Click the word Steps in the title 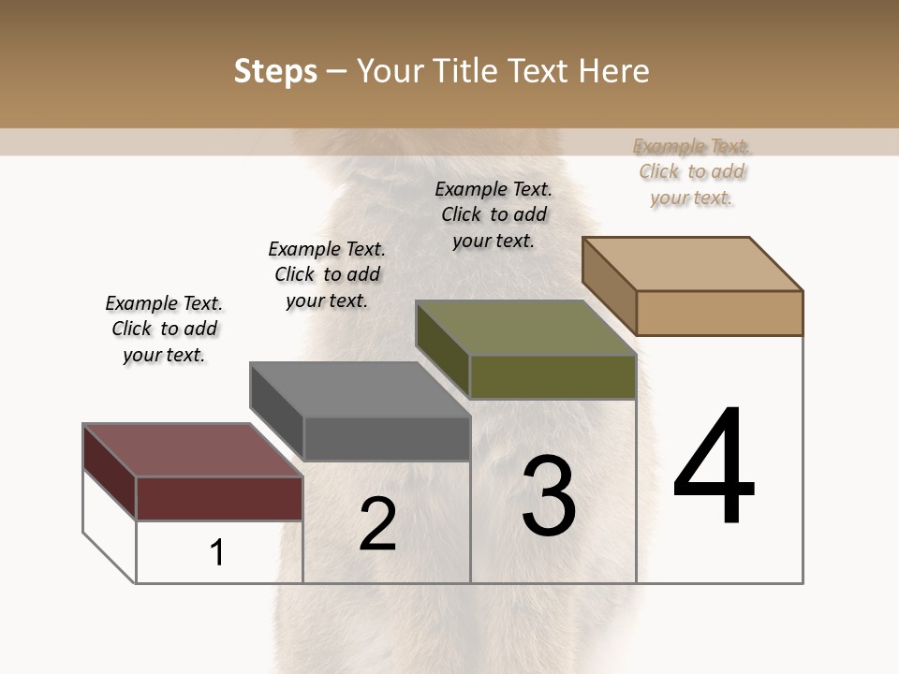pos(275,71)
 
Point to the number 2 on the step pos(378,524)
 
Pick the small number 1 pos(217,552)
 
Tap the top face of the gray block pos(360,388)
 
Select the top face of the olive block pos(525,328)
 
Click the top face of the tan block pos(692,264)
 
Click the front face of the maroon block pos(219,498)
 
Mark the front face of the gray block pos(386,438)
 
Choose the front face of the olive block pos(553,376)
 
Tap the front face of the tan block pos(719,313)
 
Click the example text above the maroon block pos(164,329)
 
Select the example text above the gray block pos(327,274)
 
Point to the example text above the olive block pos(494,214)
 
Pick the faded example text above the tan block pos(692,171)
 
